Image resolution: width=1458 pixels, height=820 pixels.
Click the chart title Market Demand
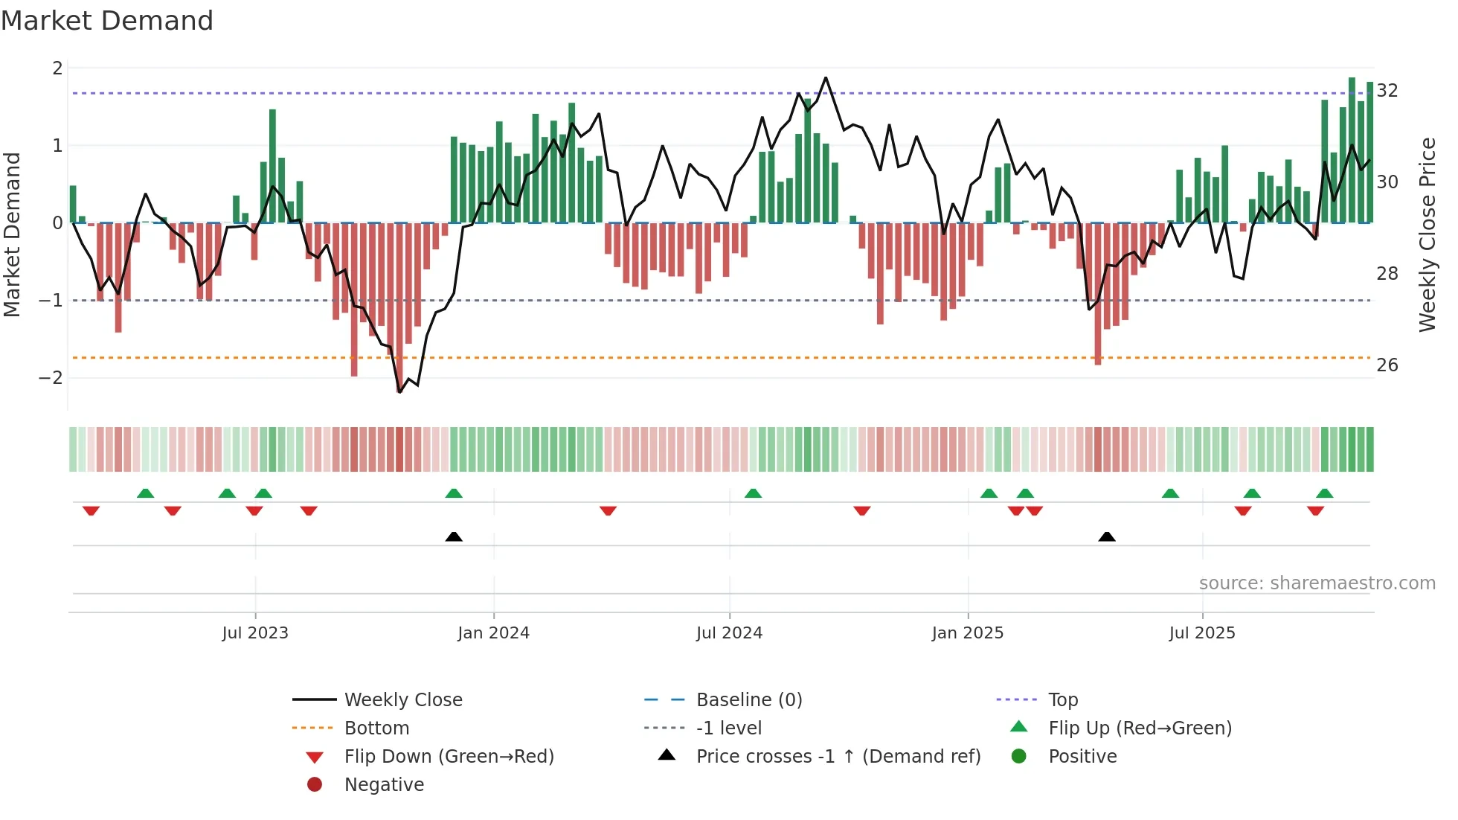[107, 21]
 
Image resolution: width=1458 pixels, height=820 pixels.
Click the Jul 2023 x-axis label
[255, 633]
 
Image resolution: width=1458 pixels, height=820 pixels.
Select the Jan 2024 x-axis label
[493, 633]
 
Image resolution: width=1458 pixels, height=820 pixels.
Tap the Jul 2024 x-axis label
[729, 633]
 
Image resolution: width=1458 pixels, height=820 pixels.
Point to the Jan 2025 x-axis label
[967, 633]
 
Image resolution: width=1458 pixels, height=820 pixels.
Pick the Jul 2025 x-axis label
[1201, 633]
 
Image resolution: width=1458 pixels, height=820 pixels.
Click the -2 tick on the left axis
[51, 378]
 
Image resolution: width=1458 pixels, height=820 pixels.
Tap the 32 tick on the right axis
[1387, 91]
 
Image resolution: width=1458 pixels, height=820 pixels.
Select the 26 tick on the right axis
[1387, 365]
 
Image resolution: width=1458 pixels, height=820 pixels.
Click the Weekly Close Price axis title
[1427, 234]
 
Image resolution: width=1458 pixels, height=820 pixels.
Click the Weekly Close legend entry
[402, 700]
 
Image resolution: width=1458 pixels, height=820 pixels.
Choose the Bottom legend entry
[376, 728]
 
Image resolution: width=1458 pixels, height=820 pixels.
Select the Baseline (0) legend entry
[748, 700]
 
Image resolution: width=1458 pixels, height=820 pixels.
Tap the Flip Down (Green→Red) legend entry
[449, 757]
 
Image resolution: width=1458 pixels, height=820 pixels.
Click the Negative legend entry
[384, 785]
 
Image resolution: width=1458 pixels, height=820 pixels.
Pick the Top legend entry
[1062, 700]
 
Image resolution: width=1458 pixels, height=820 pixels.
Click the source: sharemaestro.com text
[1317, 583]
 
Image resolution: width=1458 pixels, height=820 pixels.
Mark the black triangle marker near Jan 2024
[454, 536]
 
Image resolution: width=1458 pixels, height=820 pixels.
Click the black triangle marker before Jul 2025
[1107, 536]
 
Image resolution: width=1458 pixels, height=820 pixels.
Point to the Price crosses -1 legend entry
[838, 757]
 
